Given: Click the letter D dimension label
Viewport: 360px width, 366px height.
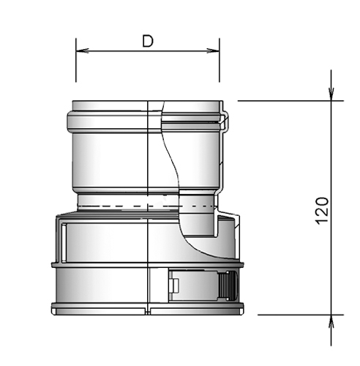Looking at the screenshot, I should point(147,42).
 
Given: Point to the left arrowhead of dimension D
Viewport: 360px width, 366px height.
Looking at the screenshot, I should point(81,51).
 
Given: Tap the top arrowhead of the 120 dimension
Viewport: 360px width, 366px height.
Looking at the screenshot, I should point(331,94).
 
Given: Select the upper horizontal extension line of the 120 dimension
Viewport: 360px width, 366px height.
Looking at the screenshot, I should point(285,100).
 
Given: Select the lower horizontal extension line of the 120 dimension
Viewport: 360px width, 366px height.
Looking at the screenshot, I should point(285,315).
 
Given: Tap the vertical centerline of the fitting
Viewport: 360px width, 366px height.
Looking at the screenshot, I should point(149,242).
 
